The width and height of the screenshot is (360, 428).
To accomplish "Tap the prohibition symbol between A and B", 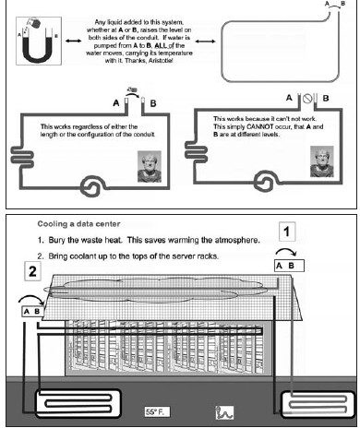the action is (x=307, y=99).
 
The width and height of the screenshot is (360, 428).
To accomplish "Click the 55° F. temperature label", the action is (x=157, y=411).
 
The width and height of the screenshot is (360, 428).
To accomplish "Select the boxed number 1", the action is (x=287, y=232).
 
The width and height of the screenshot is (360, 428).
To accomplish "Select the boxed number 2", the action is (x=32, y=271).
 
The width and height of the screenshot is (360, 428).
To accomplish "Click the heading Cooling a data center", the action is (x=78, y=224).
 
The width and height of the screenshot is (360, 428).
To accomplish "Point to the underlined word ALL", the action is (x=161, y=45).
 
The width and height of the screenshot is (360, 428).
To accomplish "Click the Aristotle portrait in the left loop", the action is (x=150, y=166).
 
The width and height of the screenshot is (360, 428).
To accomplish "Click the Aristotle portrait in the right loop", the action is (x=322, y=161).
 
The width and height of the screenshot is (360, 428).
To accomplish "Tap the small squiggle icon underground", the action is (x=224, y=412).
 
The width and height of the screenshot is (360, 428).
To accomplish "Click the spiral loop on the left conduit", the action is (x=91, y=186).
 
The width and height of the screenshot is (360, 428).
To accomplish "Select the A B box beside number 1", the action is (x=289, y=266).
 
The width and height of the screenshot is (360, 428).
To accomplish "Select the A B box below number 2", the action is (x=32, y=312).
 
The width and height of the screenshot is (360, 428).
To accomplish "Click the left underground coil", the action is (x=78, y=403).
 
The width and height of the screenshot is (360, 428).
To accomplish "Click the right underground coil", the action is (x=318, y=404).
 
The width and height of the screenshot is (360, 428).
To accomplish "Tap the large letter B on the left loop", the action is (x=153, y=103).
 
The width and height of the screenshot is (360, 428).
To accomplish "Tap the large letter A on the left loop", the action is (x=116, y=102).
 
